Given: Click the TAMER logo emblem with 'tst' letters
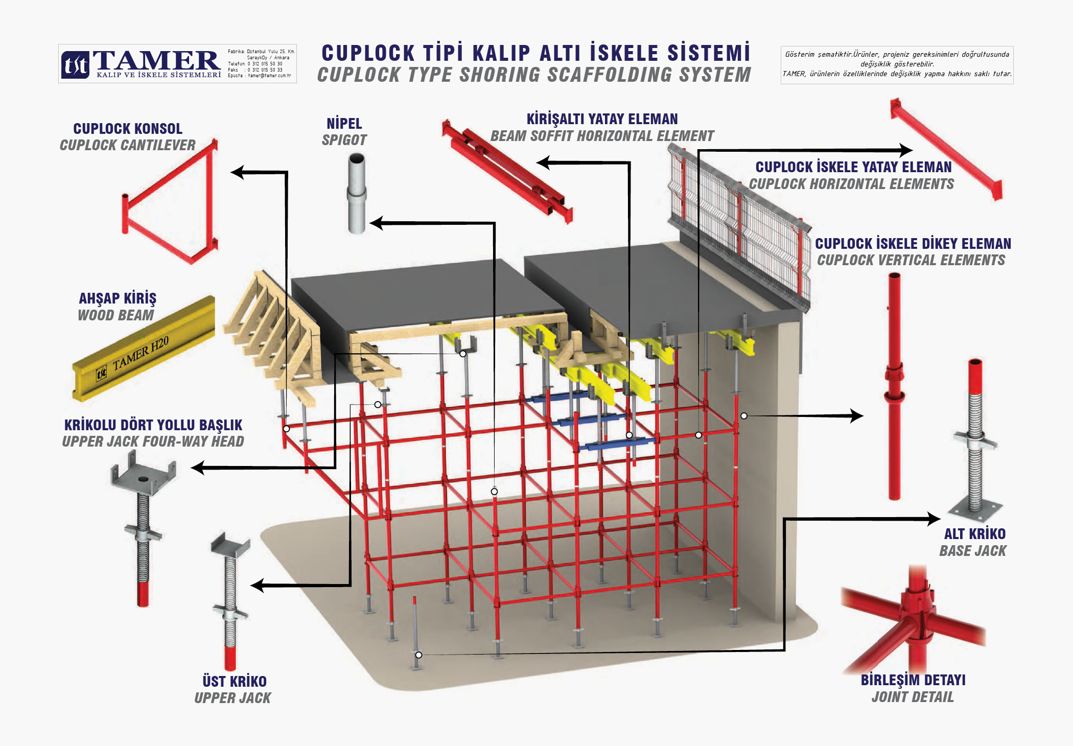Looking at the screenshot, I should pos(75,65).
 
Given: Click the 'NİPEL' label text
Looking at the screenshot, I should pos(344,124).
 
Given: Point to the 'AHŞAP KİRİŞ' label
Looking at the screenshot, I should pos(118,298).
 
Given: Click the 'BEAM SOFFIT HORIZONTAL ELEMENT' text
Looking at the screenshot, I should pos(602,136).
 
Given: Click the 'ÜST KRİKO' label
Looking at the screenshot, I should pos(235,682).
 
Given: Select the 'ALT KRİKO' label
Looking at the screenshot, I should pos(974,534).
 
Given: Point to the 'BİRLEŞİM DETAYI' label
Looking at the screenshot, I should pos(913,680).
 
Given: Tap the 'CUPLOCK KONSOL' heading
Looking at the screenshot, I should pos(128,129).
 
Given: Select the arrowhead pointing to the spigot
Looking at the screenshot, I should pos(376,223).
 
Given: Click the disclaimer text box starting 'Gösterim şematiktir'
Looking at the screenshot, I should pos(897,64).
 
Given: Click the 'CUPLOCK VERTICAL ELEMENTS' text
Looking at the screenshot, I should pos(911,261).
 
